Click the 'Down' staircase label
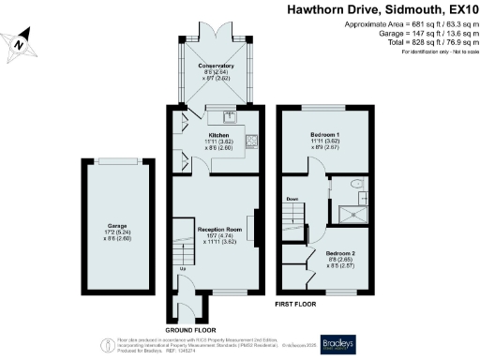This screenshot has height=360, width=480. coord(292,199)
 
